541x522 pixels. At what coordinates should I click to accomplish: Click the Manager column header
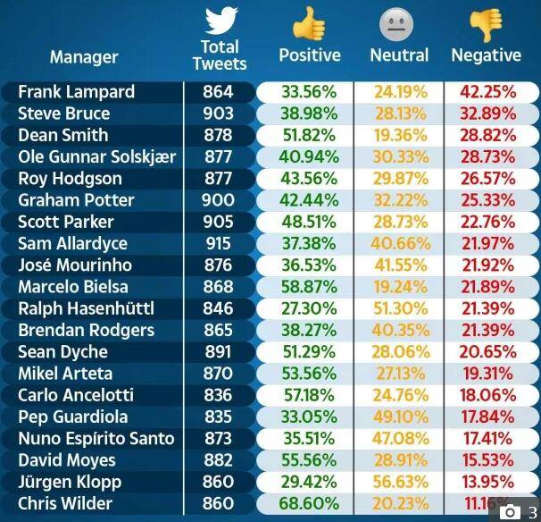pyautogui.click(x=84, y=57)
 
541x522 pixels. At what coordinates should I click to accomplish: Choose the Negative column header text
pyautogui.click(x=486, y=55)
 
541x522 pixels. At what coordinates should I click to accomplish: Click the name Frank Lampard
pyautogui.click(x=76, y=92)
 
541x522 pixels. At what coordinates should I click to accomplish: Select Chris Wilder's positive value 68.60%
pyautogui.click(x=308, y=503)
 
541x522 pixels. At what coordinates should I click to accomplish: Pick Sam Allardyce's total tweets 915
pyautogui.click(x=218, y=244)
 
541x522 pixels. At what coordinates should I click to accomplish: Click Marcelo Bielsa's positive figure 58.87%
pyautogui.click(x=308, y=287)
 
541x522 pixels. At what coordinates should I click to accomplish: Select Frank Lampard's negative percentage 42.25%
pyautogui.click(x=487, y=92)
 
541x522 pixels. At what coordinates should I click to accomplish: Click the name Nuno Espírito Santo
pyautogui.click(x=96, y=438)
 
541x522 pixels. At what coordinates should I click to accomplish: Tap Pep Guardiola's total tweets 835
pyautogui.click(x=218, y=417)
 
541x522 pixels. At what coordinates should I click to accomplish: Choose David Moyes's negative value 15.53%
pyautogui.click(x=487, y=460)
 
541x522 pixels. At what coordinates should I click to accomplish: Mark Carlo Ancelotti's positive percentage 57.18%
pyautogui.click(x=308, y=395)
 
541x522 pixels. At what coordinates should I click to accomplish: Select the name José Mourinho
pyautogui.click(x=75, y=265)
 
